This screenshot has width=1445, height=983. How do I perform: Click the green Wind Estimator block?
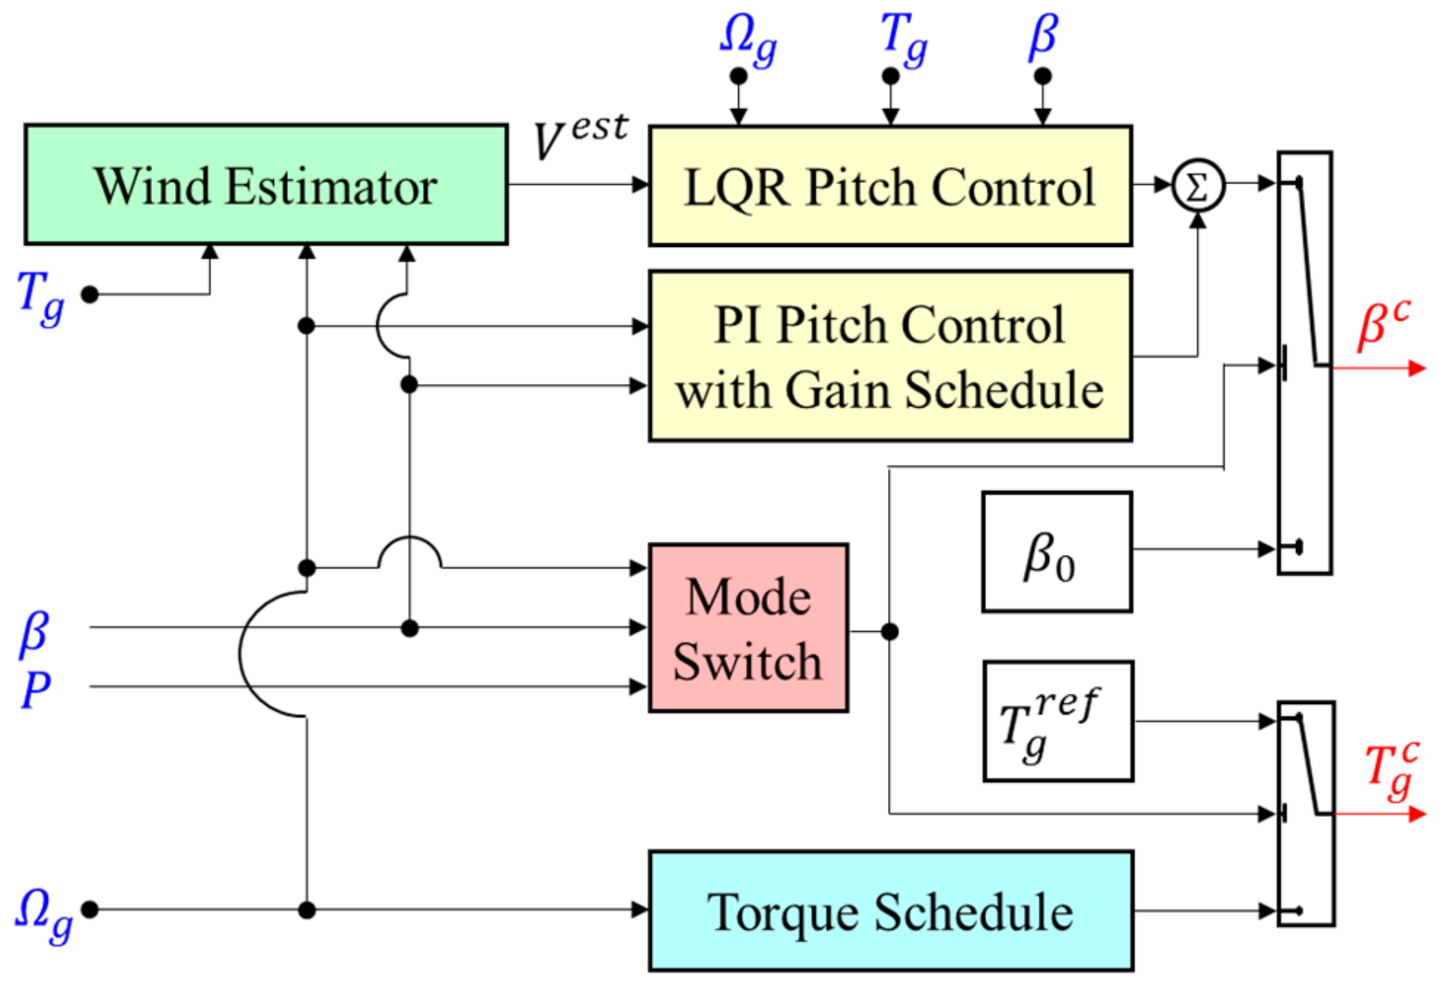click(266, 185)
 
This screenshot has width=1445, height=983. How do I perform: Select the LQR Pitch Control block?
click(890, 187)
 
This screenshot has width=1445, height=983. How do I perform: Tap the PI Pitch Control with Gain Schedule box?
click(890, 357)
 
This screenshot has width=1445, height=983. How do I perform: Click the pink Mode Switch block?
click(748, 628)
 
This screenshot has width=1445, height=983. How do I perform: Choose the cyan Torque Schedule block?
click(890, 911)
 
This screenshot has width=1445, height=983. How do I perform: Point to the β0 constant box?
click(1056, 552)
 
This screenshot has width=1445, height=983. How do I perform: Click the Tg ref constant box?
click(1057, 721)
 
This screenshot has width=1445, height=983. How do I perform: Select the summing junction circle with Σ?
click(1197, 187)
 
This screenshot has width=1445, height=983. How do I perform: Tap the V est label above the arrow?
click(581, 135)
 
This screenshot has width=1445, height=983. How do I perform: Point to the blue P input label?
click(35, 690)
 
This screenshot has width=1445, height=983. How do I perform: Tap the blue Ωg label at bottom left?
click(44, 913)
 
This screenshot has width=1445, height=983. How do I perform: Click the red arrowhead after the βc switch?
click(1417, 368)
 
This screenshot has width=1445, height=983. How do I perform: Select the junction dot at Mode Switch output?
click(889, 631)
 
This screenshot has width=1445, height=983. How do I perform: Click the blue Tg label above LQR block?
click(903, 39)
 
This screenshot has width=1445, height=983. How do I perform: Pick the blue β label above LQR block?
click(1043, 36)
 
